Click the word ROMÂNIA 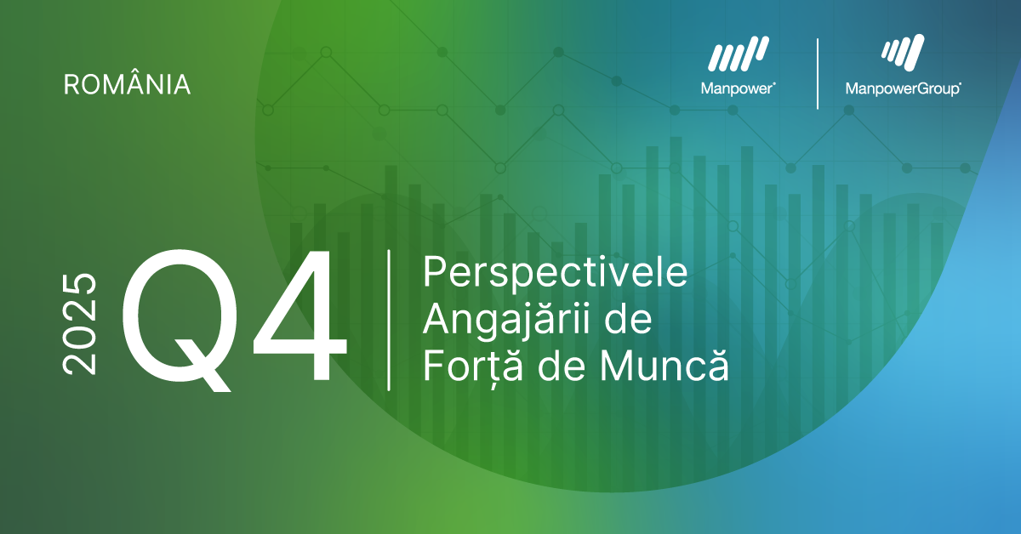coord(127,84)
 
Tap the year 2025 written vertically coord(79,324)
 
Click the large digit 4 coord(299,315)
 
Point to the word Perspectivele coord(555,274)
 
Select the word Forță coord(473,367)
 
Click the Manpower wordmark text coord(738,88)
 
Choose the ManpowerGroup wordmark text coord(903,88)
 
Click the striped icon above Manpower coord(739,54)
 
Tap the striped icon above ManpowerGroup coord(903,53)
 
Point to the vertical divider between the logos coord(818,74)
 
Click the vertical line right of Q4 coord(389,321)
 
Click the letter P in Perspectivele coord(434,272)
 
